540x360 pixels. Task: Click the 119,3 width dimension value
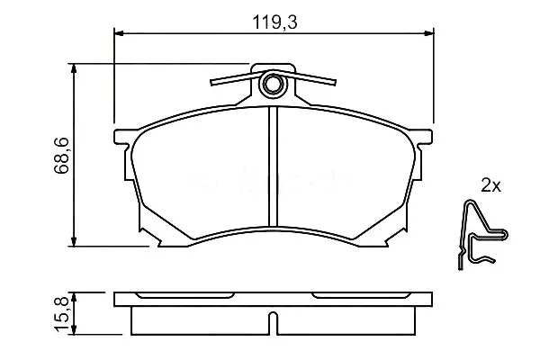pyautogui.click(x=274, y=22)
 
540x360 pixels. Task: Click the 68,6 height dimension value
pyautogui.click(x=61, y=155)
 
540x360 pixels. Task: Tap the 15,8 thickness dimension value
pyautogui.click(x=61, y=314)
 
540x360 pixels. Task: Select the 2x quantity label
pyautogui.click(x=490, y=186)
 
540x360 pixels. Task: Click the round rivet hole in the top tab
pyautogui.click(x=273, y=84)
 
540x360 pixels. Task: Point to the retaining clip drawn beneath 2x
pyautogui.click(x=483, y=234)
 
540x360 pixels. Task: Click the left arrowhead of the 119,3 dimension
pyautogui.click(x=119, y=33)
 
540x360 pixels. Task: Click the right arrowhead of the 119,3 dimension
pyautogui.click(x=428, y=33)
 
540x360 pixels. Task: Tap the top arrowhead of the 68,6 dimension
pyautogui.click(x=74, y=68)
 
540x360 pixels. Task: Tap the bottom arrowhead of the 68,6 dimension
pyautogui.click(x=74, y=241)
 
